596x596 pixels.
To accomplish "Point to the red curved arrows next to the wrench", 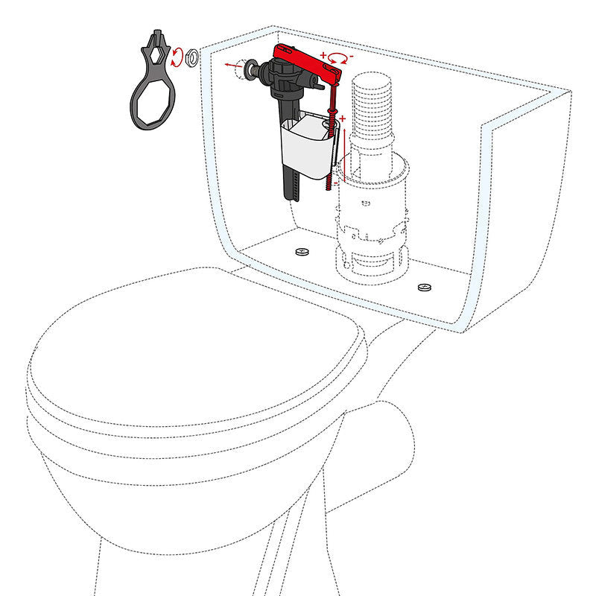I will coord(177,57).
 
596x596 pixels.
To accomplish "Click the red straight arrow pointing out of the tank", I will coord(233,65).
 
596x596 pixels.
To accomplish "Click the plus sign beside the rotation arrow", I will coord(323,55).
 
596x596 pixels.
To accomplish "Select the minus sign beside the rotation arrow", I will coord(351,55).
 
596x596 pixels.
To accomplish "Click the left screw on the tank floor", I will coord(302,252).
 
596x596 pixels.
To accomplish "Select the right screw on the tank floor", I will coord(425,286).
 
